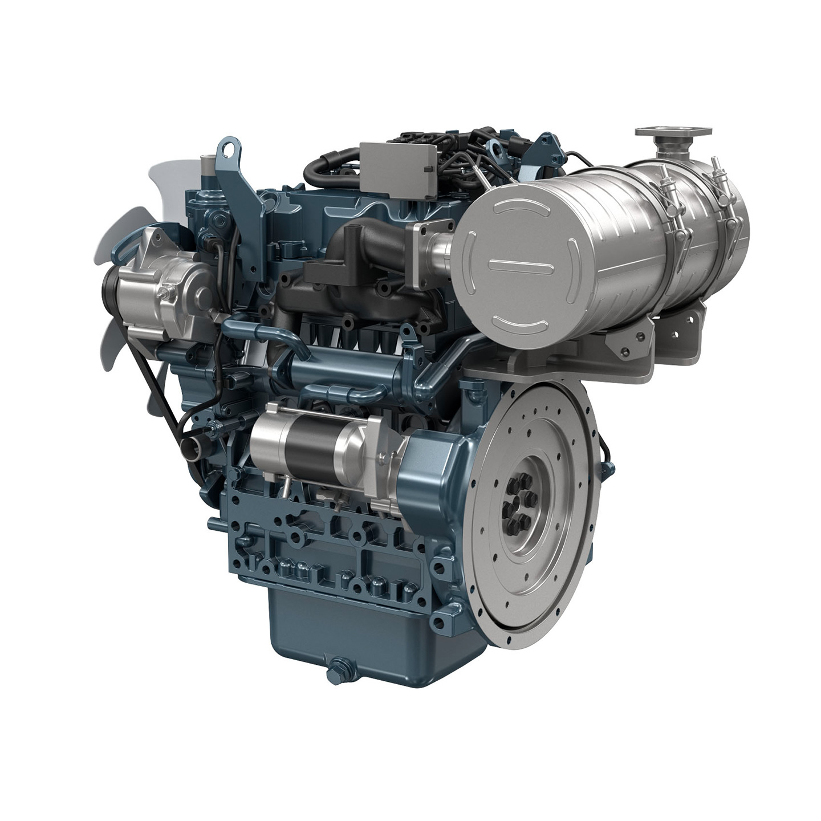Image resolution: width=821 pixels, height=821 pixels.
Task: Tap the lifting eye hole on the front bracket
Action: [x=229, y=151]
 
